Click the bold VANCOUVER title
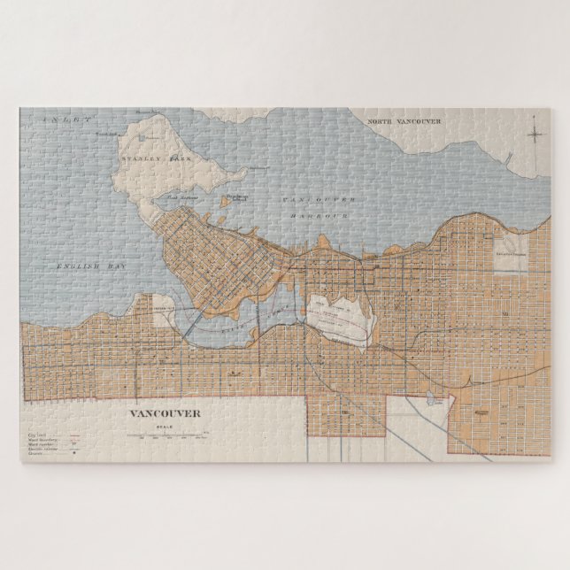[165, 413]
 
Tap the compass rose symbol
[535, 135]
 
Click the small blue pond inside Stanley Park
[142, 138]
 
